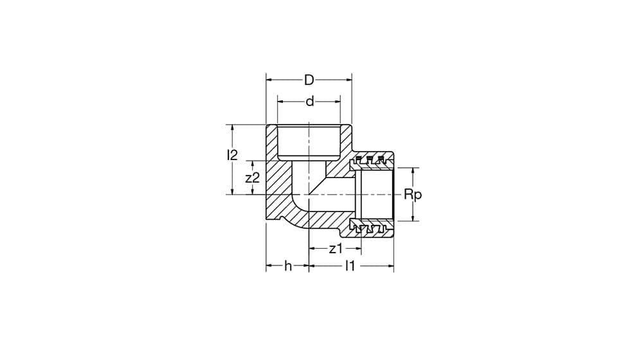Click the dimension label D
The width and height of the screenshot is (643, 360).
tap(309, 80)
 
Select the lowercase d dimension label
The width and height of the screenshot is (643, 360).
tap(310, 101)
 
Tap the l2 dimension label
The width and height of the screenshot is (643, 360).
tap(232, 155)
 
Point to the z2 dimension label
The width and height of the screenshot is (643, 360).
tap(253, 177)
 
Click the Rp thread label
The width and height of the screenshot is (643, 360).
tap(413, 194)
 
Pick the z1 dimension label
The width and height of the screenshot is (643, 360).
tap(336, 249)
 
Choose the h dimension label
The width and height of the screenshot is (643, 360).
tap(288, 266)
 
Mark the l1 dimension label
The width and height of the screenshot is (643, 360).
tap(349, 265)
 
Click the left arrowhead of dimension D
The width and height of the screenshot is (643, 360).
tap(269, 80)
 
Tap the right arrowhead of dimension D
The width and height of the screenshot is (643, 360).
tap(349, 80)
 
